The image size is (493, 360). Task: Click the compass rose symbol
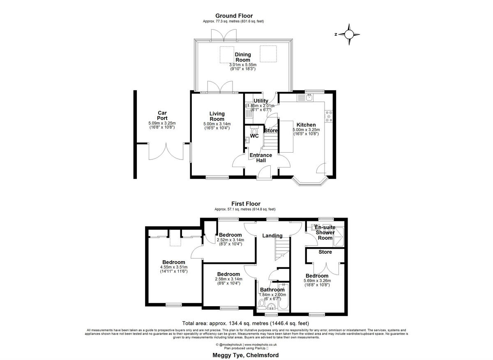point(349,34)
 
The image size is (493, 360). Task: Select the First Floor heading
point(246,204)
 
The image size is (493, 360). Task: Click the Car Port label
point(162,115)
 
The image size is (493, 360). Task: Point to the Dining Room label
point(242,57)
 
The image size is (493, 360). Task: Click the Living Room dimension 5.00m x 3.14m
point(217,124)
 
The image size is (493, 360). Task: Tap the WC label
point(254,136)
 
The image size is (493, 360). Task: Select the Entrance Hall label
point(261,158)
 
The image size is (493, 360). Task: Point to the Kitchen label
point(306,125)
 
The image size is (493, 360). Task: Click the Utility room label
point(261,101)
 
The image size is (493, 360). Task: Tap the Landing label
point(272,236)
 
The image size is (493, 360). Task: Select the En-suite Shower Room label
point(325,232)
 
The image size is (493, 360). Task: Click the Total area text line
point(246,323)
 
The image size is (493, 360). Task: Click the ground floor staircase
point(271,143)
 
